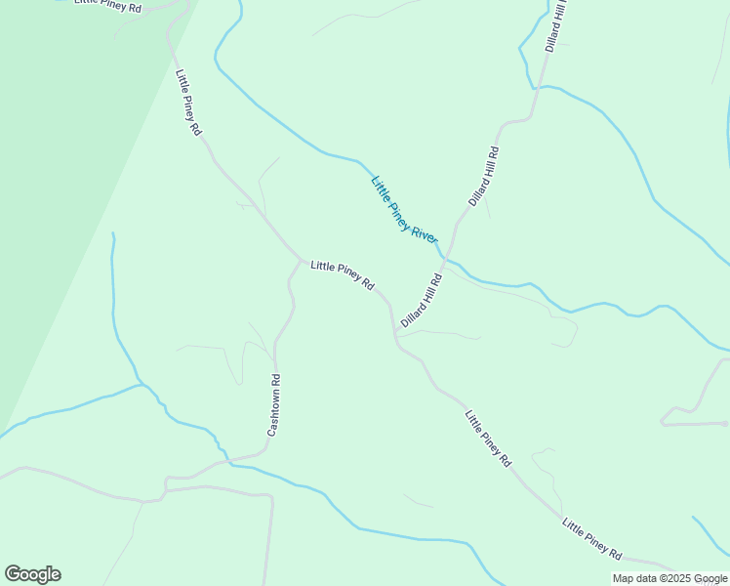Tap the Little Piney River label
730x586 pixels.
point(405,210)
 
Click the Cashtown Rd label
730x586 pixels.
point(274,405)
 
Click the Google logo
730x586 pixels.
point(32,574)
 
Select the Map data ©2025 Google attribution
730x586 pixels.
point(669,578)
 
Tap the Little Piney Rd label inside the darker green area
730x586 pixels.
point(106,6)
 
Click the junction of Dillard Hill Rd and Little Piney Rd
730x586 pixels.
point(394,334)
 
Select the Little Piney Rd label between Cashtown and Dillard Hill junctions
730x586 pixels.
point(343,275)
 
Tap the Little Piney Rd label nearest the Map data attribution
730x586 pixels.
point(591,539)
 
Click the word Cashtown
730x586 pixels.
point(274,413)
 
